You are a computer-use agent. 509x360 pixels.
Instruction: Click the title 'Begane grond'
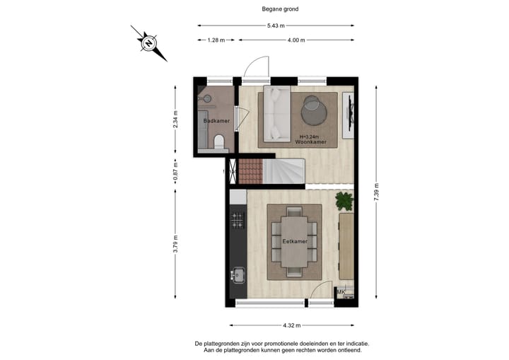pos(276,9)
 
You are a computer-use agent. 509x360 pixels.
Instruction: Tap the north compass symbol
pos(149,43)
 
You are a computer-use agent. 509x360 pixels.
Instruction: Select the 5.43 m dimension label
pos(276,26)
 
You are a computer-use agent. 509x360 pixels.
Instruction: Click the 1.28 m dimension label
pos(216,40)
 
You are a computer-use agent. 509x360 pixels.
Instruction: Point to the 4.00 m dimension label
pos(296,40)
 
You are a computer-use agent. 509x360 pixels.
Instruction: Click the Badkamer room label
pos(216,121)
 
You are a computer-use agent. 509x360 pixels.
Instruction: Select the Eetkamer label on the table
pos(295,241)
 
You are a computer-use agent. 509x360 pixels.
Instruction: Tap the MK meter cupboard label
pos(341,292)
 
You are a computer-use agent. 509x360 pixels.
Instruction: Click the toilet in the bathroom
pos(219,144)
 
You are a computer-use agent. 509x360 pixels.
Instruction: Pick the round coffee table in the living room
pos(312,110)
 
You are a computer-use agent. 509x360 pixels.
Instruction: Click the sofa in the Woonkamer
pos(275,114)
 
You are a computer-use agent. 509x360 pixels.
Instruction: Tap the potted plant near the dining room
pos(344,200)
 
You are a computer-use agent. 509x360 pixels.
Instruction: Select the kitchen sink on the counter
pos(238,274)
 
